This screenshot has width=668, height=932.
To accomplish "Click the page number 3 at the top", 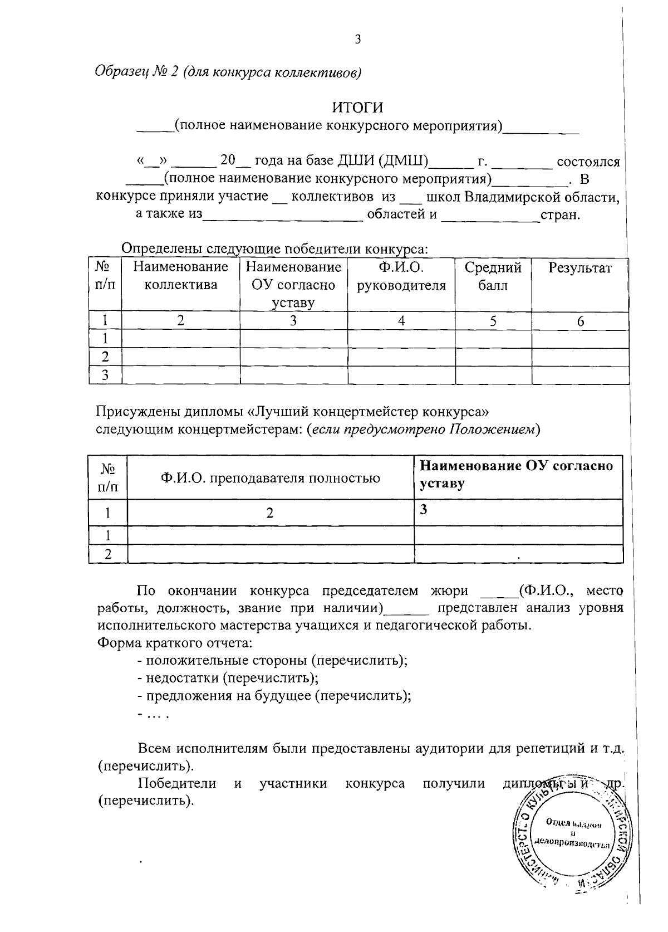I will pos(357,40).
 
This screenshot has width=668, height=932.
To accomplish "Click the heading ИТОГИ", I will pos(357,106).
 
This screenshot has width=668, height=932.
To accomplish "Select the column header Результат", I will pos(580,269).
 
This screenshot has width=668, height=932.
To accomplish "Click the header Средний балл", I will pos(493,277).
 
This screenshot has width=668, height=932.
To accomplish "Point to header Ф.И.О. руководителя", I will pos(401,277).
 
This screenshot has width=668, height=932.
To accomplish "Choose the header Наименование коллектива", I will pos(180,277).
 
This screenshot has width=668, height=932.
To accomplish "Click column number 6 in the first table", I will pos(581,321).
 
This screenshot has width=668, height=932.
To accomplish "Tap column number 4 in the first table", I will pos(401,321).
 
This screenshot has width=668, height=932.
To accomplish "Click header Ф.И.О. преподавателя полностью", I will pos(271,478).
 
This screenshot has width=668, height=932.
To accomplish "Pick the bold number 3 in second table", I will pos(423,509).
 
